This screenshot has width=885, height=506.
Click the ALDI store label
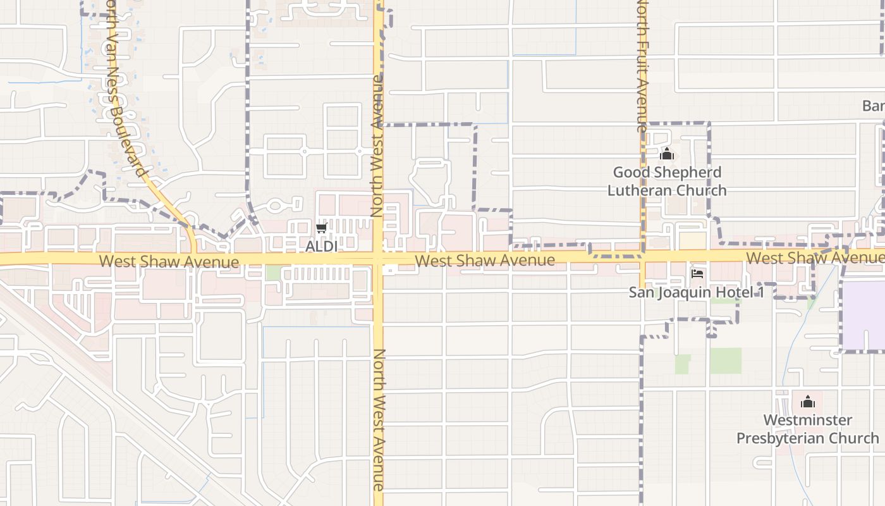322,246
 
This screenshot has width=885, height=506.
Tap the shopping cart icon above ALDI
322,228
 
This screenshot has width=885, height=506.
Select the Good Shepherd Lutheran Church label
667,181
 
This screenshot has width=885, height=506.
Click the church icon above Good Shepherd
667,154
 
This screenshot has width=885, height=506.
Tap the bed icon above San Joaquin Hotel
697,274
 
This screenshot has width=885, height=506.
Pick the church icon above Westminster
808,402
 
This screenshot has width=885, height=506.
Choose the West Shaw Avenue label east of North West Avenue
485,260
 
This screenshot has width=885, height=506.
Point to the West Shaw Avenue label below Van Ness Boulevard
169,261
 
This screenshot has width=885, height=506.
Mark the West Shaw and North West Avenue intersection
378,259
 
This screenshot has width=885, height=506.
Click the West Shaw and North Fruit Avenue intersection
642,256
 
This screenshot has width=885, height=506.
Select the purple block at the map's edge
864,315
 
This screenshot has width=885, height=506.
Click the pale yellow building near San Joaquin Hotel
692,241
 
